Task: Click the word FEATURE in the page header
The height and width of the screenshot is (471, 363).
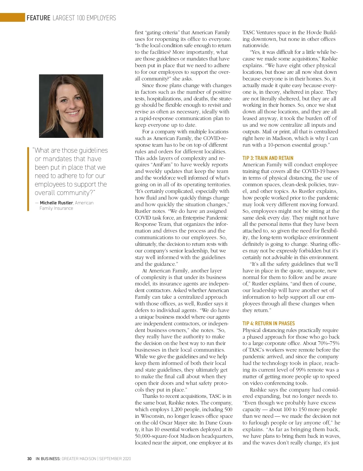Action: (x=38, y=18)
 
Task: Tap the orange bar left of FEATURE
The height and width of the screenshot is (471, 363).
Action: (x=12, y=18)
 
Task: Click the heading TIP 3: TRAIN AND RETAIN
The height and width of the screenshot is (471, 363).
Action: (x=268, y=158)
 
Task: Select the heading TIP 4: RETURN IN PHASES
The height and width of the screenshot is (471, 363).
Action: (x=269, y=323)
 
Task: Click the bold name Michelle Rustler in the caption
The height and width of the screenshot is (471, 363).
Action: (x=56, y=203)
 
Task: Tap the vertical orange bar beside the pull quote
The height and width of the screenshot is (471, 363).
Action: (x=28, y=178)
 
